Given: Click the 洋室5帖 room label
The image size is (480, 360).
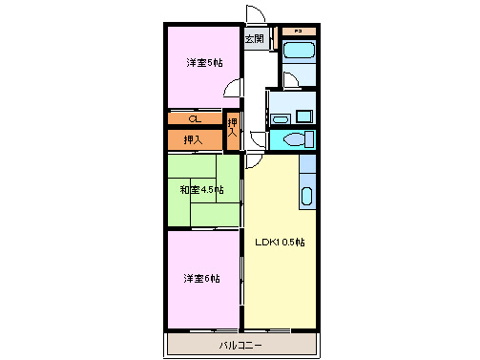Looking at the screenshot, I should (203, 63).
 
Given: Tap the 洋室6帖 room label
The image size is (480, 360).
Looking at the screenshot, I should (201, 279).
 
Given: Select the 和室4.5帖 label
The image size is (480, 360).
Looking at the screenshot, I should (201, 190).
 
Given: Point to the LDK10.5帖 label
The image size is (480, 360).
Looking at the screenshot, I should (279, 242).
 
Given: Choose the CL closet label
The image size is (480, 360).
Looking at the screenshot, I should (194, 119).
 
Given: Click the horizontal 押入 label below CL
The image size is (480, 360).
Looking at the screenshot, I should (193, 140).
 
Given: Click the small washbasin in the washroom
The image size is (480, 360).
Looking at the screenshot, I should (279, 118).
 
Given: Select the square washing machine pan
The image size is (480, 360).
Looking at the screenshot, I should (303, 116).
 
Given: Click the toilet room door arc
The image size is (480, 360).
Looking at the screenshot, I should (257, 140).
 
